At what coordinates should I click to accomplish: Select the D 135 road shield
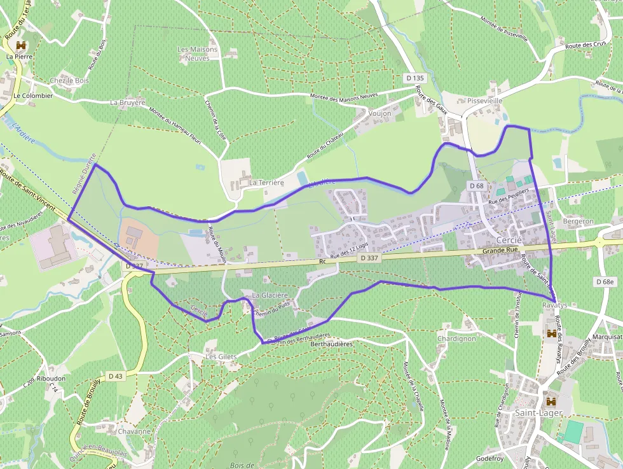click(414, 78)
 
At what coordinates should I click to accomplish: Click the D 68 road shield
click(476, 185)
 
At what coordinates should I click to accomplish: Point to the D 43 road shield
click(115, 376)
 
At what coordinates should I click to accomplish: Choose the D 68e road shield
click(606, 281)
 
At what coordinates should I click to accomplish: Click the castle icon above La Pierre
click(20, 45)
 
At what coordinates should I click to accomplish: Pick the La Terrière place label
click(266, 183)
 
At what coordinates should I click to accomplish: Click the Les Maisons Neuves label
click(197, 53)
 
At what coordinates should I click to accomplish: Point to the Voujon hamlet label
click(380, 113)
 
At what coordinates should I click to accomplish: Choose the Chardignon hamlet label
click(456, 339)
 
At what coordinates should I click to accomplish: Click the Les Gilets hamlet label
click(221, 357)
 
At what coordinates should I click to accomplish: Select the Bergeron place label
click(578, 221)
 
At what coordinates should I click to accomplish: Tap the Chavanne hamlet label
click(134, 431)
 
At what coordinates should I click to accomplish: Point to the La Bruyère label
click(128, 102)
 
